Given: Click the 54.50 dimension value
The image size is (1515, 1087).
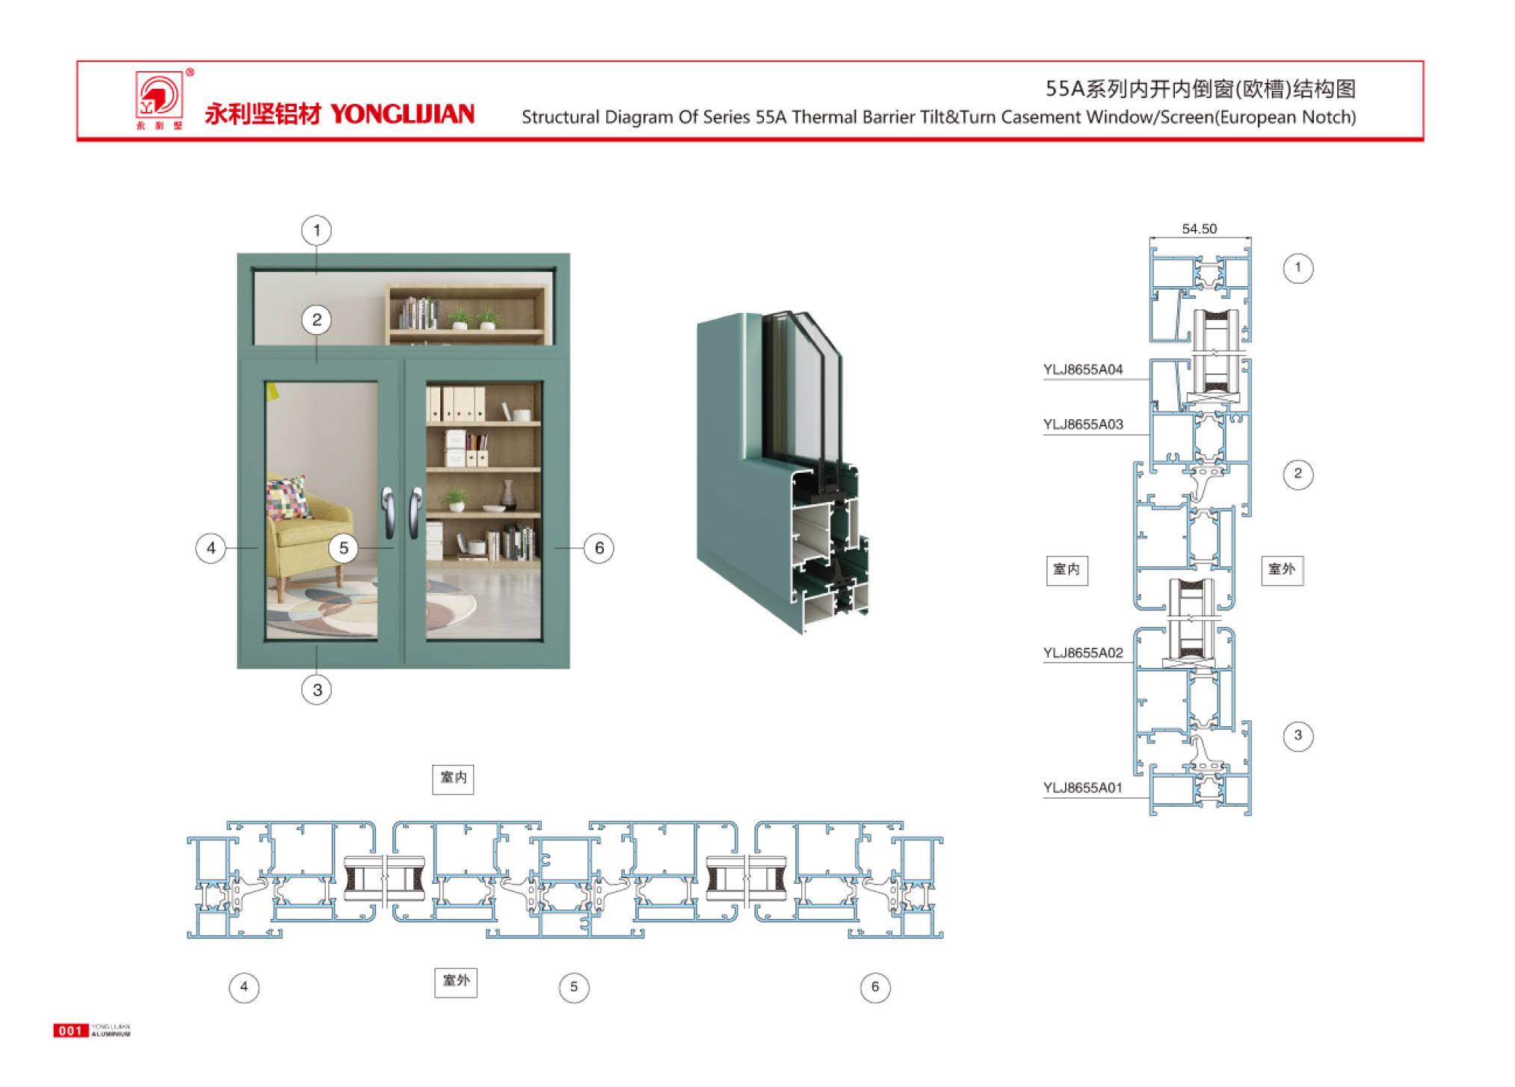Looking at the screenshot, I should coord(1199,229).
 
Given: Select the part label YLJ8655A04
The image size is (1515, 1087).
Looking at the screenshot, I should coord(1082,369).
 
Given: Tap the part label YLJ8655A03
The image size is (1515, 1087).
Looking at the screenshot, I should coord(1082,424).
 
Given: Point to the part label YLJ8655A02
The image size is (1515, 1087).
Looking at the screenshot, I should coord(1082,653).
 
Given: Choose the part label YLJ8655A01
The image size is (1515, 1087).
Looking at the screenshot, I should coord(1082,787).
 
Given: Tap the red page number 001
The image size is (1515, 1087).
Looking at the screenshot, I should coord(70,1031).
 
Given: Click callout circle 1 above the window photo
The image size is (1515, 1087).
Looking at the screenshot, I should coord(317,230).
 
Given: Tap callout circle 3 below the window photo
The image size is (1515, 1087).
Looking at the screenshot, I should coord(317,690).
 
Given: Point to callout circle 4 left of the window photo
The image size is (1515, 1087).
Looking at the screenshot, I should coord(211,548).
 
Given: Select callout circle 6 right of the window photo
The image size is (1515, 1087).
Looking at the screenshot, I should coord(599,548).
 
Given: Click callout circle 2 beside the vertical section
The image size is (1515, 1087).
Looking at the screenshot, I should coord(1298,474).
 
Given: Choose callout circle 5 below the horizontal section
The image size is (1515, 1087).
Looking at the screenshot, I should coord(573,987).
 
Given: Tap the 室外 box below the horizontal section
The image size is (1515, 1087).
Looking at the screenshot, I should coord(456,981).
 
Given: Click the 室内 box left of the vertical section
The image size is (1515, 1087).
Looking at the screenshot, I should coord(1067,570).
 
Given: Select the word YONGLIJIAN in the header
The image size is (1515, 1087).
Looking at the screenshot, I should coord(402,114).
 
